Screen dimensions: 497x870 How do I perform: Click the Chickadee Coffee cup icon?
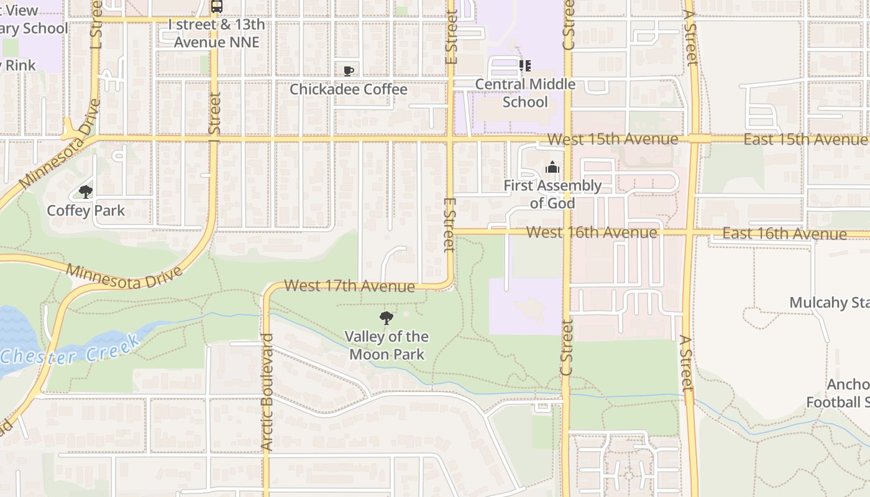click(x=349, y=70)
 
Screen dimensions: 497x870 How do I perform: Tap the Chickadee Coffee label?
click(x=349, y=89)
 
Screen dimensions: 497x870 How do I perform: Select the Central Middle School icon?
click(x=525, y=65)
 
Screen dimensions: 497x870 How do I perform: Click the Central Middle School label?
click(x=525, y=93)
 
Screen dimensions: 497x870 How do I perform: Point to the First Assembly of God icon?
click(x=552, y=167)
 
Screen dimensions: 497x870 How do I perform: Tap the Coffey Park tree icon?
click(x=86, y=192)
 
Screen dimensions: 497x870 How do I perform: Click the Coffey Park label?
click(x=86, y=211)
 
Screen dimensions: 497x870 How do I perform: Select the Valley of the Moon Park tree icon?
click(x=387, y=319)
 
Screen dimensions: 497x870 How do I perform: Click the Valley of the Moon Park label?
click(x=387, y=345)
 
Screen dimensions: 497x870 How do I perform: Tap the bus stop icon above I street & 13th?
click(x=216, y=7)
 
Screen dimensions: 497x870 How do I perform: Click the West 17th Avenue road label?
click(x=349, y=286)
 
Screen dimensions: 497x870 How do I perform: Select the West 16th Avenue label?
click(x=591, y=232)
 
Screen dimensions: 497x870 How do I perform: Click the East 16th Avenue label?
click(x=784, y=234)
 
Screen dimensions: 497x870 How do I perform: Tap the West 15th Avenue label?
click(x=612, y=139)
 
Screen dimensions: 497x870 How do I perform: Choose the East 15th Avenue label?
click(x=805, y=139)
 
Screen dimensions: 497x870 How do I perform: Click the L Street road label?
click(x=96, y=25)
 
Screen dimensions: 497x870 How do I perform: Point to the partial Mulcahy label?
click(x=828, y=303)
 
